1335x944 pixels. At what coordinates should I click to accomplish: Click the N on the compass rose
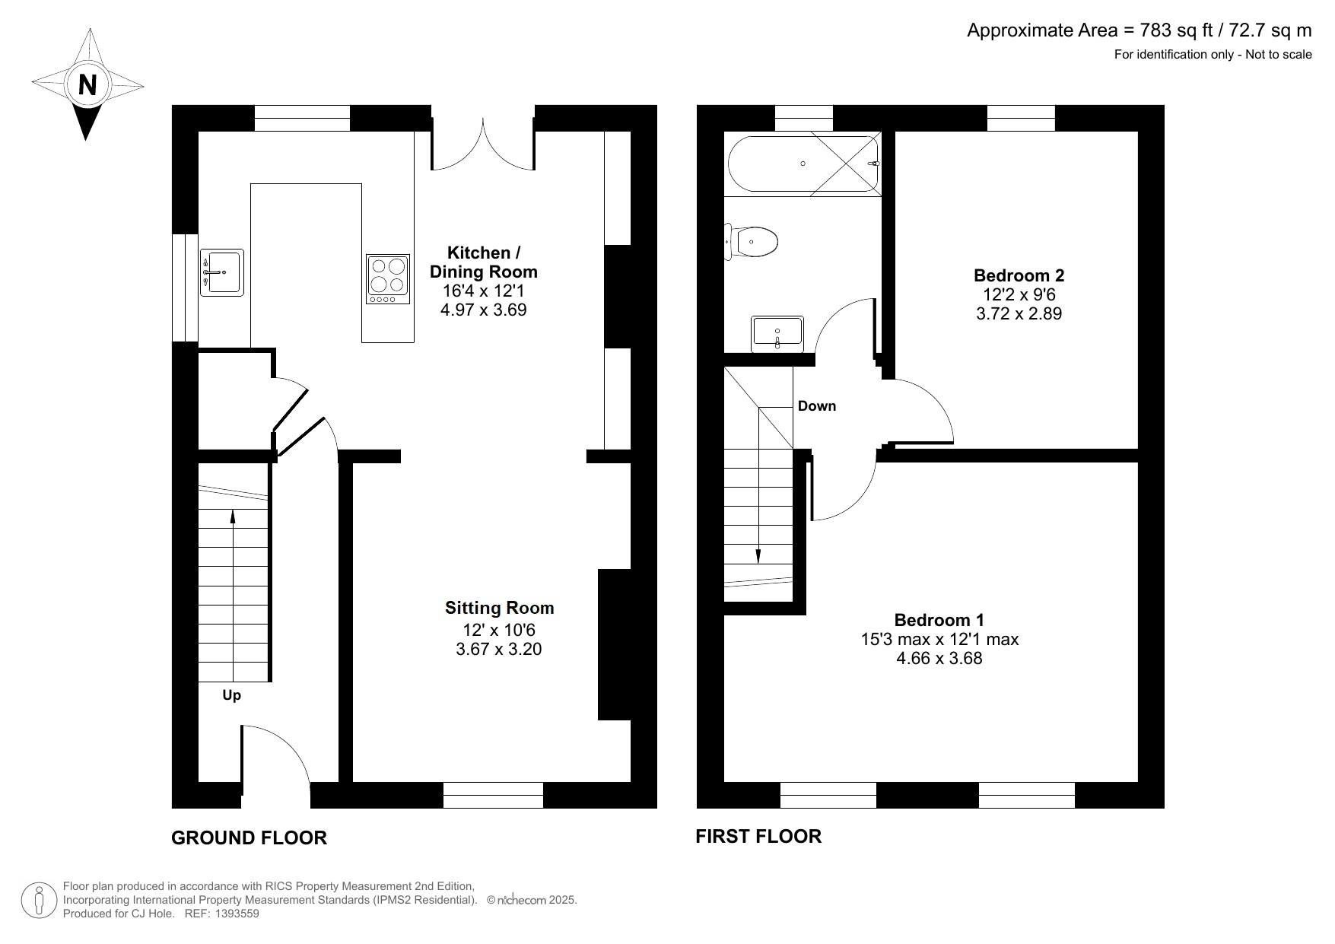87,84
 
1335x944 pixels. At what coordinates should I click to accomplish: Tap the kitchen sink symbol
222,272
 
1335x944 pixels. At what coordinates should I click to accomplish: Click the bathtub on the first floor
803,164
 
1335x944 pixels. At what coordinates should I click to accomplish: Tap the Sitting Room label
499,608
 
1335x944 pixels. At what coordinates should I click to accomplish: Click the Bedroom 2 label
1019,275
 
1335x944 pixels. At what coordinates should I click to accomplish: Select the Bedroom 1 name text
939,620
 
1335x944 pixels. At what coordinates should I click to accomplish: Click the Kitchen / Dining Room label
483,262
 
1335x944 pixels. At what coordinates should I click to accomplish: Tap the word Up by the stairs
231,695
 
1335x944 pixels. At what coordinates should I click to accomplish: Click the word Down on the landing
816,406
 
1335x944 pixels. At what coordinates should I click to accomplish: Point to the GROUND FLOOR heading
249,838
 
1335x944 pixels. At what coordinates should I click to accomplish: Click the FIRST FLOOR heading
758,837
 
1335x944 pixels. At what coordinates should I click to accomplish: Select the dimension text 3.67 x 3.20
498,650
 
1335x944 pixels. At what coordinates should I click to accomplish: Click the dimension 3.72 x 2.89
1019,313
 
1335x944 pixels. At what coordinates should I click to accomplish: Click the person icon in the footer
38,901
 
